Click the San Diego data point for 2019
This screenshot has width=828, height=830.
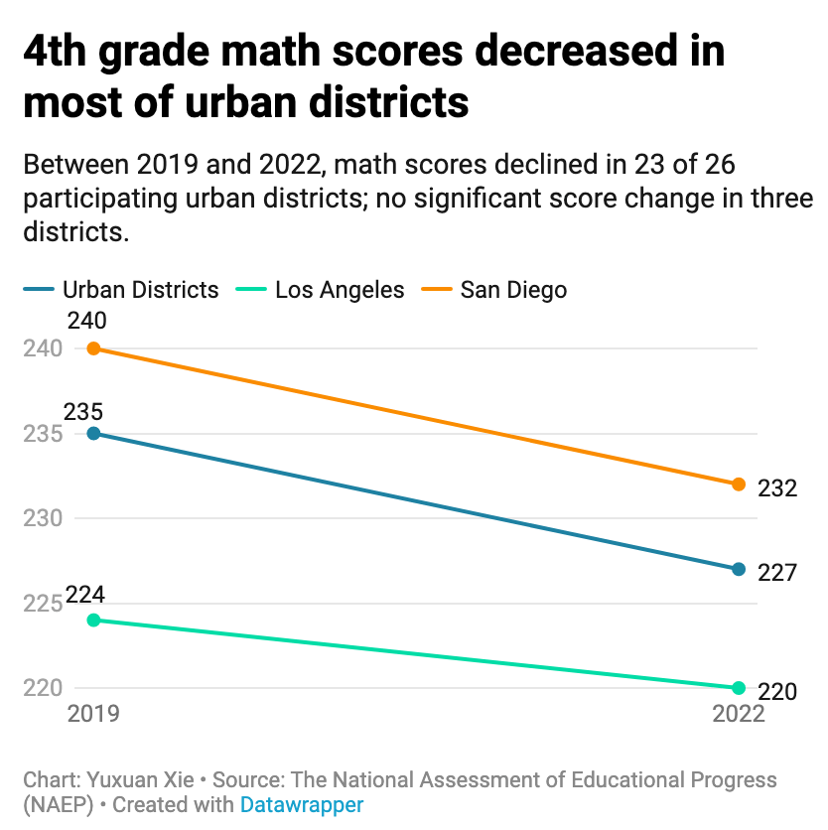click(x=93, y=348)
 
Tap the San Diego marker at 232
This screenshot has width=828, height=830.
click(x=739, y=484)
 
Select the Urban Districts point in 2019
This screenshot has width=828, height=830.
click(x=93, y=434)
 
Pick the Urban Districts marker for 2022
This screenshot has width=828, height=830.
click(x=739, y=569)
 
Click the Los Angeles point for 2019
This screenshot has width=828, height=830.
click(x=93, y=620)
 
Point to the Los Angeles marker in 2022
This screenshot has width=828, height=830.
click(x=739, y=688)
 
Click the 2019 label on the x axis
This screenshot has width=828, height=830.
click(x=92, y=715)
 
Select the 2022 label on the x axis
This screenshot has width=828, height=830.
click(x=738, y=715)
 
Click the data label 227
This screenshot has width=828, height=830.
click(x=777, y=574)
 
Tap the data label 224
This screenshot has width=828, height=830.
click(x=84, y=596)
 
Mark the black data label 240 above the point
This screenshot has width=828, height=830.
click(x=86, y=321)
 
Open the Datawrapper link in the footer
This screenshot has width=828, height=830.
click(x=302, y=804)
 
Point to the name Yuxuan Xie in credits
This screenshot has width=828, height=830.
click(x=147, y=779)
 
